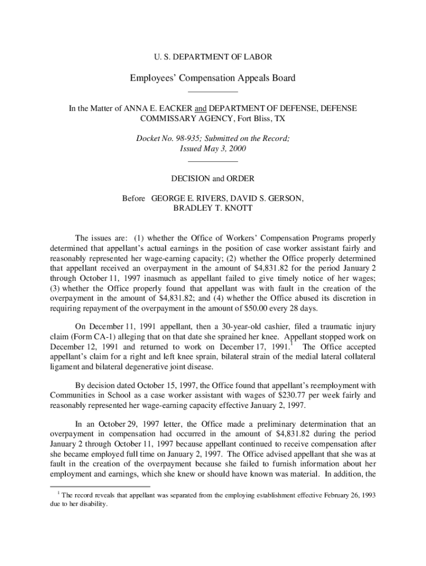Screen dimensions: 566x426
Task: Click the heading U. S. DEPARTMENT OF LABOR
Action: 212,56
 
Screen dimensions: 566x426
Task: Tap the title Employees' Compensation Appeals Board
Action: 212,78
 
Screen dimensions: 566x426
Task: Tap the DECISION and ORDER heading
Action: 212,179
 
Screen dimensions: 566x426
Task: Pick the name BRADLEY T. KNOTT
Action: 212,208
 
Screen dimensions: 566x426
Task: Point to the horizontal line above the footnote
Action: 82,487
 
